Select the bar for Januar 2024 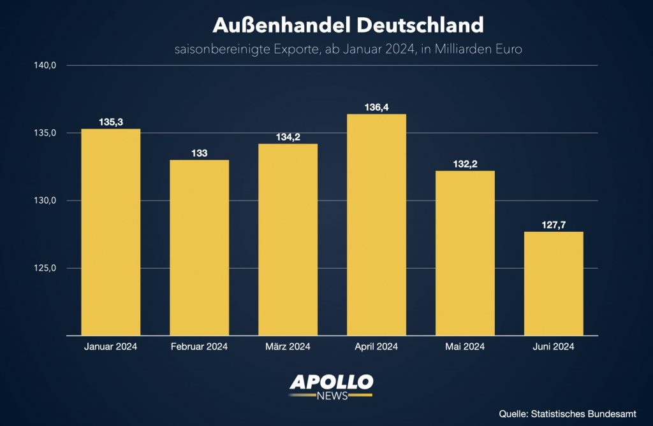[x=110, y=232]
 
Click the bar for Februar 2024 [x=199, y=248]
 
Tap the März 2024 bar [x=288, y=239]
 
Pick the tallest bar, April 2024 [x=376, y=225]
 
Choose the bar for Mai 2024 [x=465, y=253]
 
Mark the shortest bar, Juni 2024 [x=554, y=283]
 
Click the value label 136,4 [x=376, y=108]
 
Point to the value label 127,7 [x=554, y=225]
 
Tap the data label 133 [x=199, y=153]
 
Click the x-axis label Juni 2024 [x=554, y=347]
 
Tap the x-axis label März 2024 [x=288, y=347]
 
